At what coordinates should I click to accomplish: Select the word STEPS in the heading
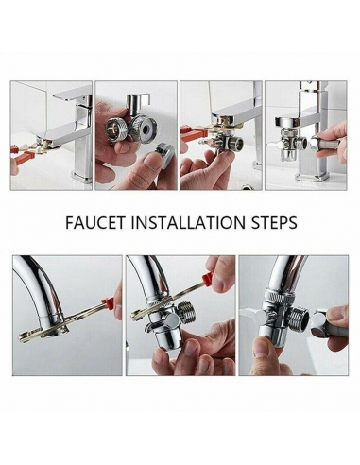click(274, 222)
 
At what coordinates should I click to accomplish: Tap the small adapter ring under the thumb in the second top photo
click(164, 154)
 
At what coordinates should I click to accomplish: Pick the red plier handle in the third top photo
click(192, 132)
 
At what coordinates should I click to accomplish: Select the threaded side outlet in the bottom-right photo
click(299, 319)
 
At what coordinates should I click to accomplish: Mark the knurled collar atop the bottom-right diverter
click(281, 297)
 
